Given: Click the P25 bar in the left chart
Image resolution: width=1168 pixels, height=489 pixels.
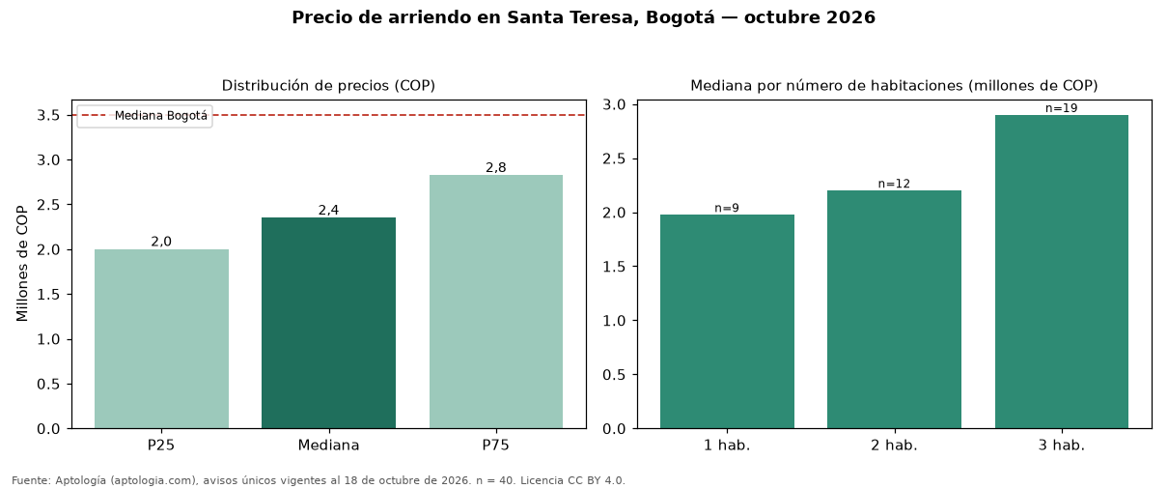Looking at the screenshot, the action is pos(161,338).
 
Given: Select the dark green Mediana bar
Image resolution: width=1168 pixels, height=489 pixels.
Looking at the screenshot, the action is pos(328,323).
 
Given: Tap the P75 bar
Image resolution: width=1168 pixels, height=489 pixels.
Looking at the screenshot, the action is pos(496,302).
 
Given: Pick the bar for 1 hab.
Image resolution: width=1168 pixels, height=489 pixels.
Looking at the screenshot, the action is pos(728,322).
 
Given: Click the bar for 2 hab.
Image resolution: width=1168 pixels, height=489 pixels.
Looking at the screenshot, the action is pos(894,309).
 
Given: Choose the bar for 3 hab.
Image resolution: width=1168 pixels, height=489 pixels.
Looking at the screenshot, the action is pos(1062,272).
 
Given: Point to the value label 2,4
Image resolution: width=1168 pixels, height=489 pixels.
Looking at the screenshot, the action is pos(328,210).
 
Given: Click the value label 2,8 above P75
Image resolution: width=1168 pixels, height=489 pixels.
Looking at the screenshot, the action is pos(496,167).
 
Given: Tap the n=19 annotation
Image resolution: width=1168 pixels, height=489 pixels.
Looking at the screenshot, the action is pos(1062,108).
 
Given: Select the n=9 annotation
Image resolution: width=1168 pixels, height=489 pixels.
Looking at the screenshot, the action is pos(727,208).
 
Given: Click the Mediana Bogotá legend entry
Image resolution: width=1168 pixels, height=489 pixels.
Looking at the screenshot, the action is pos(145,116).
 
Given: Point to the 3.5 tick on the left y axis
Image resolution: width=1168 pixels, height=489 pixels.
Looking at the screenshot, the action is pos(48,115).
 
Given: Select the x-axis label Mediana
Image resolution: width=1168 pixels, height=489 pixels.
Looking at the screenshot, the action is pos(328,446).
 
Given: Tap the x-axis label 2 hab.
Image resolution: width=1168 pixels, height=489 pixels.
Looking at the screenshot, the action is pos(894,446).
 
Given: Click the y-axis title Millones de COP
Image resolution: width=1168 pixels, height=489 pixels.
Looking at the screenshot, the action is pos(22,264).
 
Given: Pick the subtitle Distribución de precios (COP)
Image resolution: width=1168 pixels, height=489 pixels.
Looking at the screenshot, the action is pos(328,86).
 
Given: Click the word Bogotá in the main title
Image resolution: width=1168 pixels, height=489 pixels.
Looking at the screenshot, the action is pos(681,17).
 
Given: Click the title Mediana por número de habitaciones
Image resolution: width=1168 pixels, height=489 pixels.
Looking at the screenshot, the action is pos(826,86).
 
